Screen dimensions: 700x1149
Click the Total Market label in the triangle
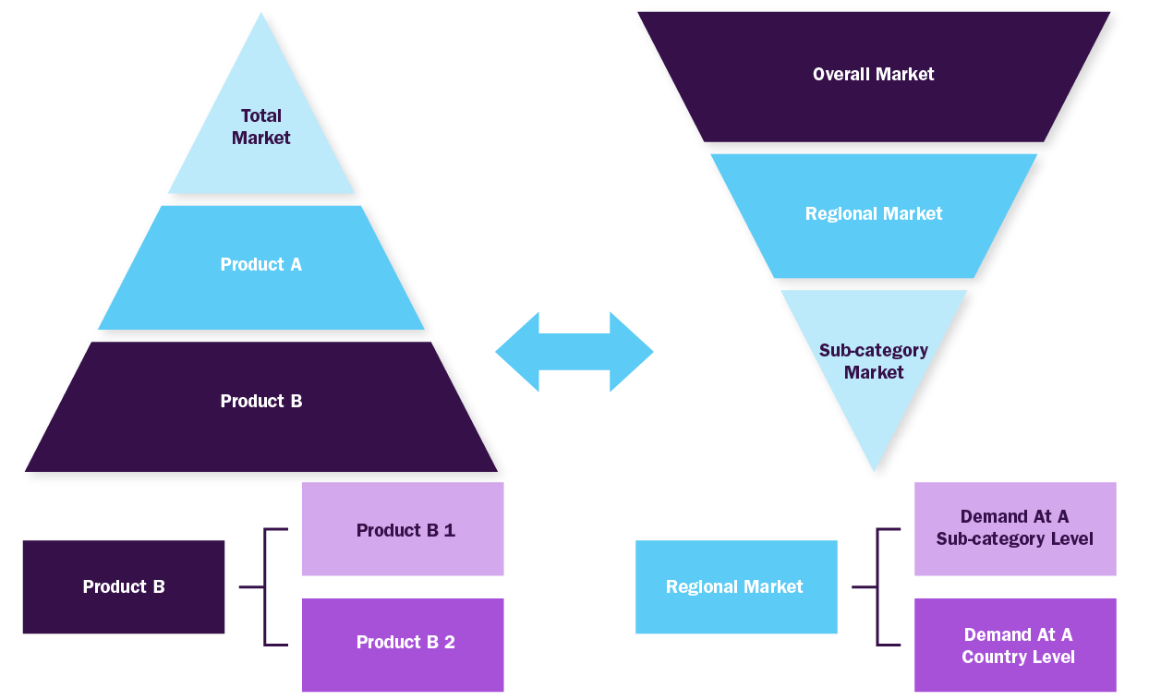pyautogui.click(x=260, y=127)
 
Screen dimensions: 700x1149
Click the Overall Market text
pyautogui.click(x=873, y=74)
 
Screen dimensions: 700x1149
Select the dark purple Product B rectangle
pyautogui.click(x=124, y=587)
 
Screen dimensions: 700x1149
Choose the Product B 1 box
pyautogui.click(x=403, y=529)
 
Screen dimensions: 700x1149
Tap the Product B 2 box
pyautogui.click(x=403, y=645)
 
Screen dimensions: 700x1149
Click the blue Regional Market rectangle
pyautogui.click(x=736, y=587)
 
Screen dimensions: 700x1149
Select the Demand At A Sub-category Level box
pyautogui.click(x=1015, y=529)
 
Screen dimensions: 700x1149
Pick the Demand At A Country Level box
pyautogui.click(x=1015, y=645)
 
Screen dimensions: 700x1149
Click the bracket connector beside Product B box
pyautogui.click(x=265, y=586)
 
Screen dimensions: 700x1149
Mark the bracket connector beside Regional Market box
pyautogui.click(x=877, y=586)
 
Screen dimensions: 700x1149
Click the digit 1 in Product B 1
pyautogui.click(x=450, y=530)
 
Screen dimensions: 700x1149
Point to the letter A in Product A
pyautogui.click(x=296, y=264)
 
